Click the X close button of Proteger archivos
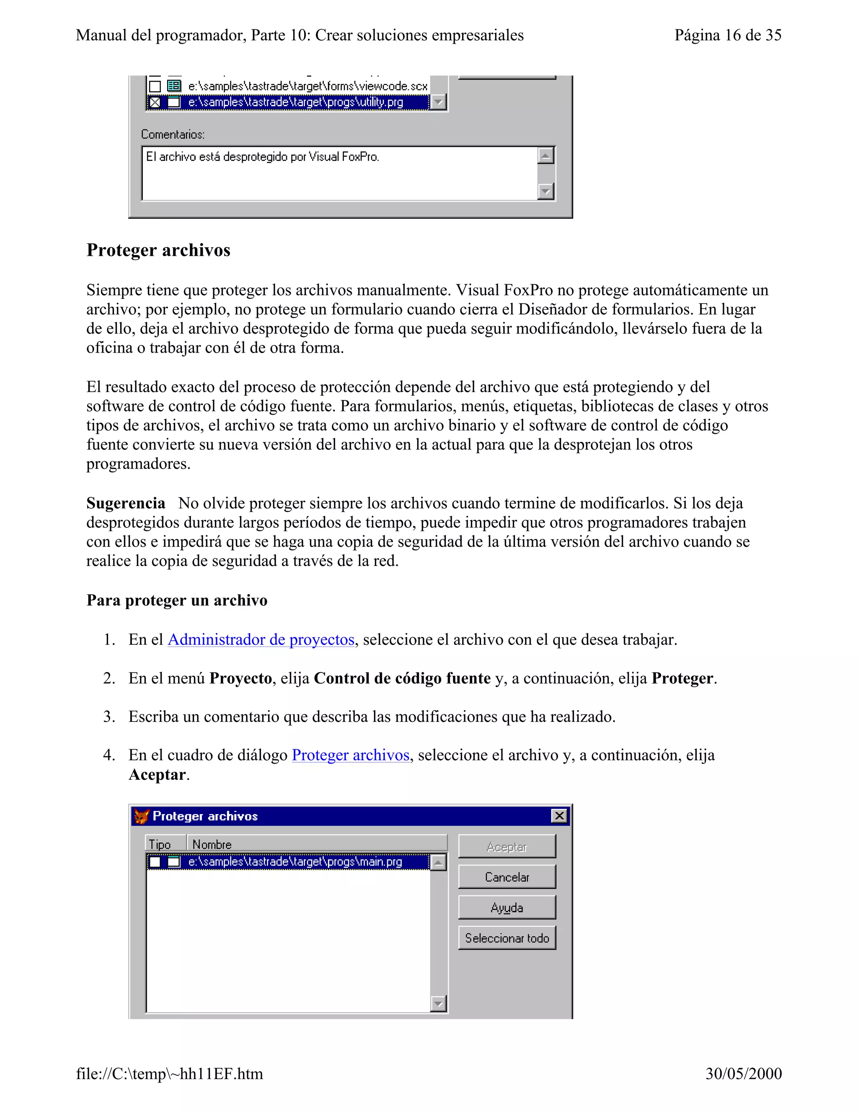point(559,816)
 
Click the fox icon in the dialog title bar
point(141,816)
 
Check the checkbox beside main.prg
point(155,862)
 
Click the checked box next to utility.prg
point(155,102)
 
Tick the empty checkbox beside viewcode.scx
point(155,86)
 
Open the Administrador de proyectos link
point(261,639)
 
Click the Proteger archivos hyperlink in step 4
point(350,755)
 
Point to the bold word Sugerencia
point(126,503)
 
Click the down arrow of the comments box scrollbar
point(545,192)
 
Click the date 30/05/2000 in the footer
point(743,1073)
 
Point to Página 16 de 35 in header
point(727,35)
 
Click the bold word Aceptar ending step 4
point(157,774)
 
